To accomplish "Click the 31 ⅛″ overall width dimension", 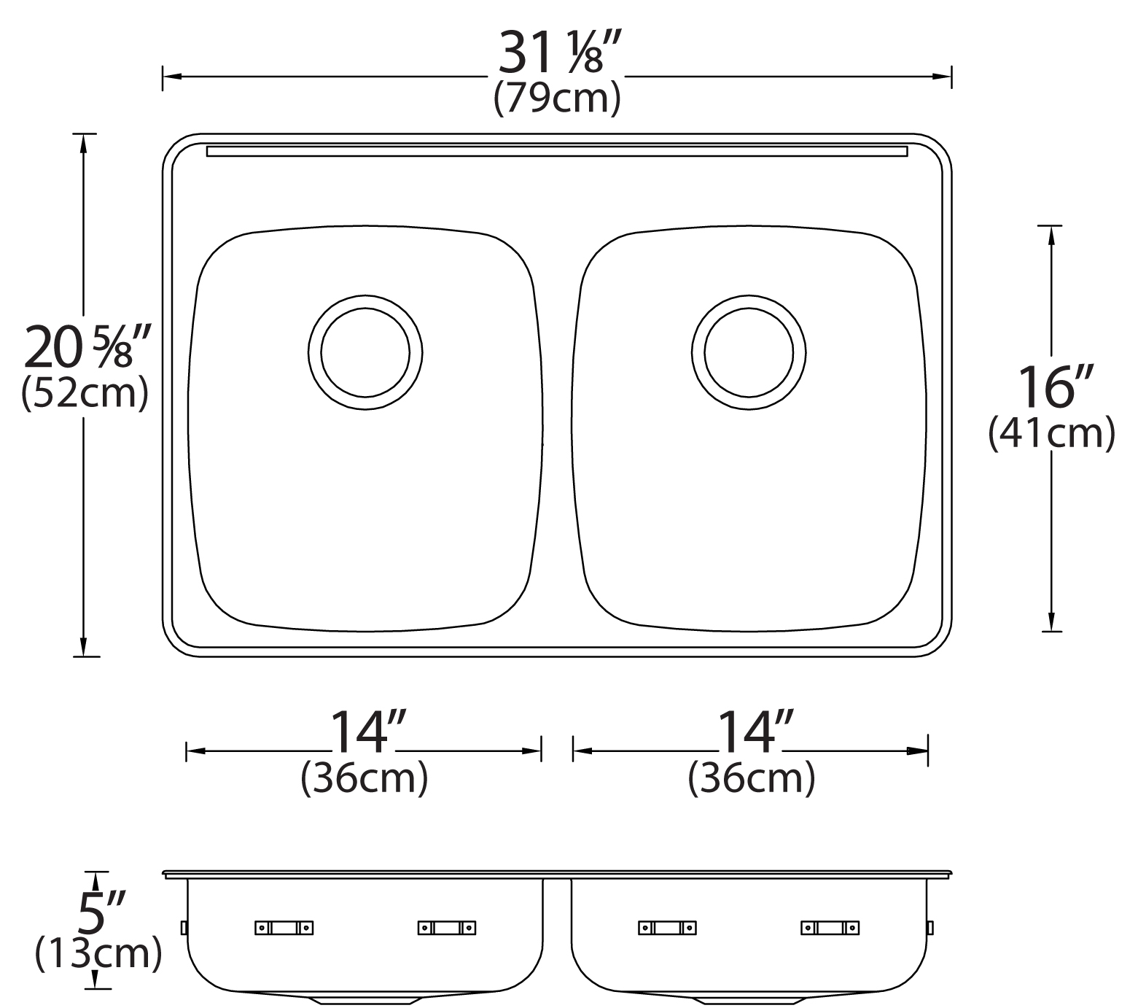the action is coord(558,53).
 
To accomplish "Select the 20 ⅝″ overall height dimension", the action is coord(87,347).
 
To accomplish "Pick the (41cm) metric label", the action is coord(1051,433).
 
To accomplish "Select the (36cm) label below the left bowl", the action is coord(364,778).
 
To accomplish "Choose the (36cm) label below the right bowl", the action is coord(751,778).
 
